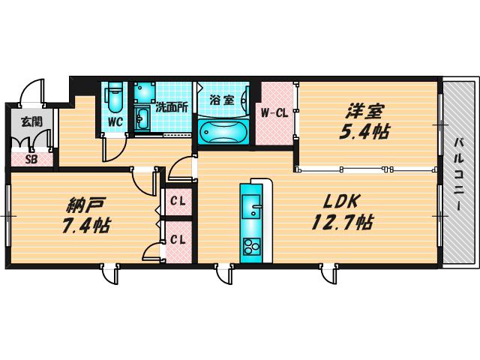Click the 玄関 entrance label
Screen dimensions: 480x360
31,122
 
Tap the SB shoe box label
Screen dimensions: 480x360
31,160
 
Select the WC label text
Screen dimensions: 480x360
115,122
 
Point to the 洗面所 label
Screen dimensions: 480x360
172,107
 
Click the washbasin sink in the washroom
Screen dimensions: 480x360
142,118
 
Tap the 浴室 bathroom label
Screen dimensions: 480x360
222,100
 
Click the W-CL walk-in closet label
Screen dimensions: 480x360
274,113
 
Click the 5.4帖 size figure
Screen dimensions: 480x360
364,132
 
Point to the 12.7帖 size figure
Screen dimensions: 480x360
342,222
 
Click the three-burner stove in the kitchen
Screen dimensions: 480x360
251,247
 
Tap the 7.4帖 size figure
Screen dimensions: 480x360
86,225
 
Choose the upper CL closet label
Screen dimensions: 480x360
178,202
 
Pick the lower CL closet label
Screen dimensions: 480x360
178,240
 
